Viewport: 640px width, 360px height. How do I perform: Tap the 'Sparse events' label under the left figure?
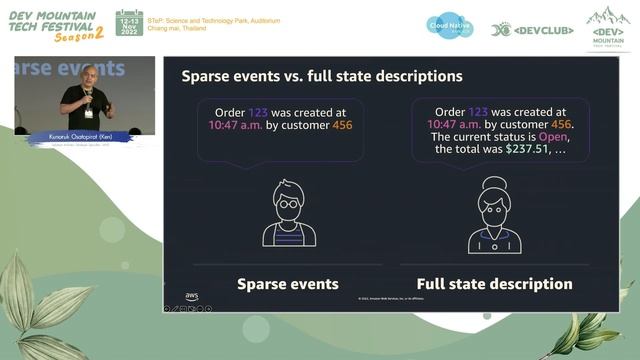click(x=287, y=284)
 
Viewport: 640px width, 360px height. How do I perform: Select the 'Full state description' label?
click(x=494, y=284)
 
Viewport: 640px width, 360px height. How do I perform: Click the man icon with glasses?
click(x=289, y=213)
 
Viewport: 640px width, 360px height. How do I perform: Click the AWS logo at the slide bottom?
click(x=191, y=297)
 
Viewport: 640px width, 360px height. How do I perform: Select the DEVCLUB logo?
click(x=532, y=30)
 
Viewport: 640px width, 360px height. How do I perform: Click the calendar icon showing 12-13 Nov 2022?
click(x=129, y=24)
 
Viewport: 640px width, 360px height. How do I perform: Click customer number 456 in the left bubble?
click(x=338, y=125)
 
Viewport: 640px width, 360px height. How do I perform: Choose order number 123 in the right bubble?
click(x=479, y=111)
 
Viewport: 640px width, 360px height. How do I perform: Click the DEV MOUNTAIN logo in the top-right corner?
click(x=608, y=28)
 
